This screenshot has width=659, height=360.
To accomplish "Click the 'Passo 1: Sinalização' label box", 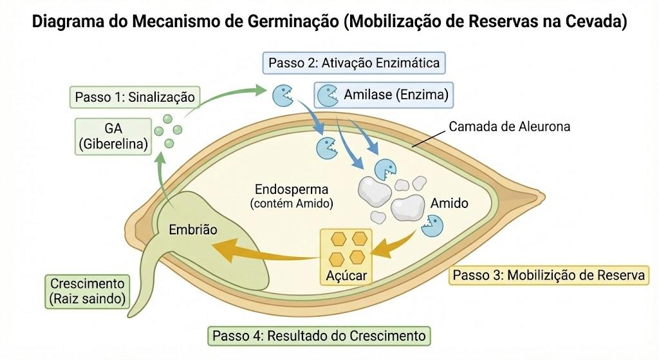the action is click(x=135, y=97).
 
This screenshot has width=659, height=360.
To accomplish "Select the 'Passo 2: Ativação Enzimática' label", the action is click(x=354, y=63).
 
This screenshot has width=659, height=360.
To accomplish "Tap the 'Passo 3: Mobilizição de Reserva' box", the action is click(x=548, y=275).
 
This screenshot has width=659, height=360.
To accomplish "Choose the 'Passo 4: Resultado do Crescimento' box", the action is click(x=319, y=336).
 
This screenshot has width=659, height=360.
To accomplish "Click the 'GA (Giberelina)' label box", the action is click(x=113, y=137).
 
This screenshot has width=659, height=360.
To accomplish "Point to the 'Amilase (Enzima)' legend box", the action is click(x=384, y=95).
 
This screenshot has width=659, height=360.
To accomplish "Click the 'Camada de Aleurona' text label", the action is click(x=510, y=127).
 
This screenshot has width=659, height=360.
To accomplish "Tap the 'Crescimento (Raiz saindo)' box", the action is click(x=88, y=292).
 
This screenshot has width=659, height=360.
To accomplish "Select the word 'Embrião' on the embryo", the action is click(x=193, y=230).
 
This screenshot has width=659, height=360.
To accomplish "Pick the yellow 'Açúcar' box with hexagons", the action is click(x=346, y=257).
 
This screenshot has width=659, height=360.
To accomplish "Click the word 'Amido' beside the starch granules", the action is click(x=449, y=203).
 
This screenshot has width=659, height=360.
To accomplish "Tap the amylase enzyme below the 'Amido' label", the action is click(x=432, y=226).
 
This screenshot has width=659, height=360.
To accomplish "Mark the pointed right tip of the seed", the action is click(x=544, y=196).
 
